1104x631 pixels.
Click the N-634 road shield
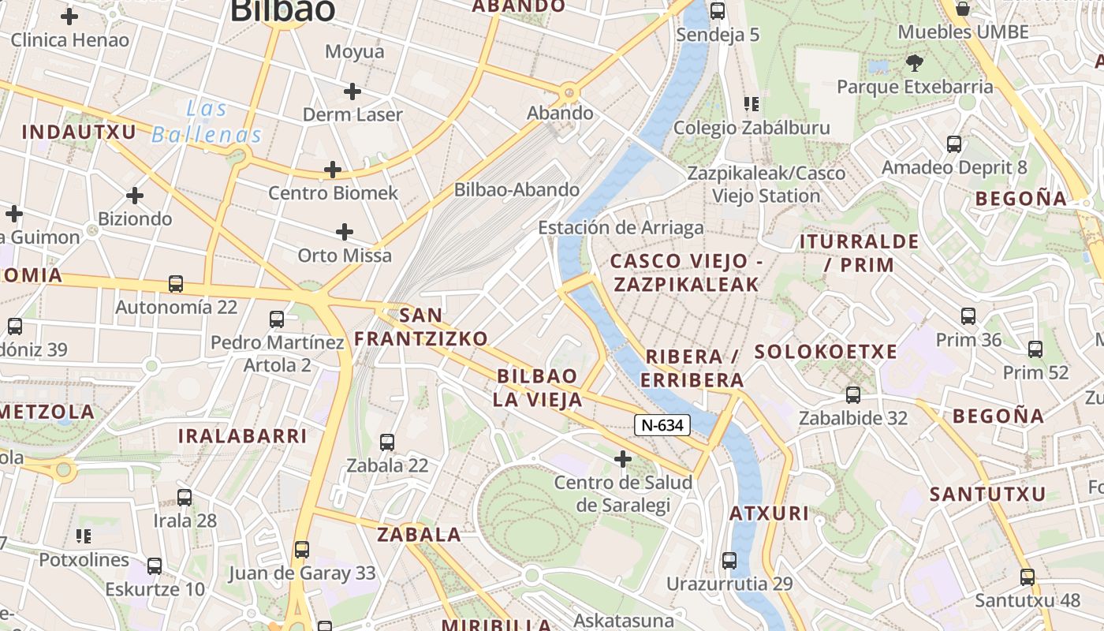(x=662, y=425)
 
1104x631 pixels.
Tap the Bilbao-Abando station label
(x=517, y=190)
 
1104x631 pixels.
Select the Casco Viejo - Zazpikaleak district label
(x=684, y=273)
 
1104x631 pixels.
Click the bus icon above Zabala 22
(x=386, y=442)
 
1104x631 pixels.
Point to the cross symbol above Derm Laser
(x=352, y=91)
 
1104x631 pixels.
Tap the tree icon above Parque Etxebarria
(x=915, y=63)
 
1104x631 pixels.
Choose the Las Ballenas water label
(x=207, y=121)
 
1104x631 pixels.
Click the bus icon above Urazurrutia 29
(x=729, y=562)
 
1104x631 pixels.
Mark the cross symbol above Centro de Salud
(x=623, y=458)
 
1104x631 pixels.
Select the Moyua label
(x=355, y=52)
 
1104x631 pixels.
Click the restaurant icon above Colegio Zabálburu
(x=751, y=104)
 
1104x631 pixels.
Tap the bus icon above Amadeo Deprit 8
(x=954, y=144)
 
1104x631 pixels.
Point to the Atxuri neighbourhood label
(x=769, y=513)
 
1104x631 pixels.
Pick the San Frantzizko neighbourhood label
(x=421, y=327)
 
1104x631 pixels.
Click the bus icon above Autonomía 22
(x=176, y=284)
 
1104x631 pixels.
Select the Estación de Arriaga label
(x=621, y=228)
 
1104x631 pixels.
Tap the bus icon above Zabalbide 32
(x=853, y=395)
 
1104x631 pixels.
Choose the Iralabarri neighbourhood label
(x=242, y=436)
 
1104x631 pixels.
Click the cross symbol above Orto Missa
(x=344, y=232)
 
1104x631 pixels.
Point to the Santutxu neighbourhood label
(x=987, y=495)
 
